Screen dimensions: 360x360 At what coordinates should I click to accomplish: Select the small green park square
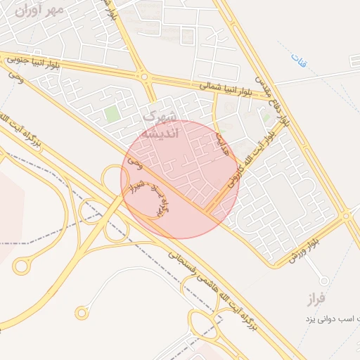[x=111, y=113]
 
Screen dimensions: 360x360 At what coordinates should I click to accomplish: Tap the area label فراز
[x=316, y=299]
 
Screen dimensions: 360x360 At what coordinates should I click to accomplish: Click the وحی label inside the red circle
[x=138, y=166]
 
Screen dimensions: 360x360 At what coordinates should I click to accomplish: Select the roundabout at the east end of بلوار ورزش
[x=347, y=216]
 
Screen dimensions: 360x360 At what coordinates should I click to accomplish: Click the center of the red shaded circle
[x=180, y=179]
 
